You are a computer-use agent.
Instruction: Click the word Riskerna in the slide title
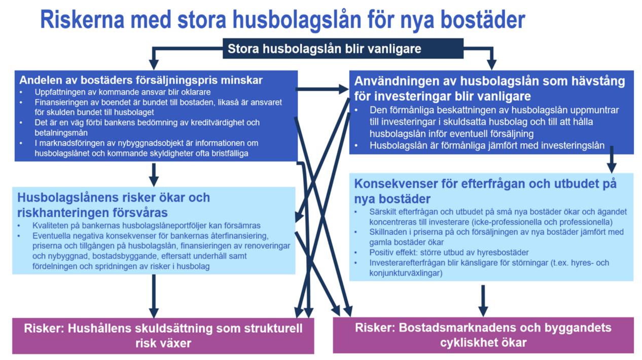click(83, 20)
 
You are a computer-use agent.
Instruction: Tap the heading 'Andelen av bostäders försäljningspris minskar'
click(141, 80)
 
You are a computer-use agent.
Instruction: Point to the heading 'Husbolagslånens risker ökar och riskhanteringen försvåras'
click(114, 204)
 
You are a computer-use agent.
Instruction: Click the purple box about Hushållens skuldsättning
click(163, 335)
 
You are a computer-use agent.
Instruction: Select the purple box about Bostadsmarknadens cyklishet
click(483, 335)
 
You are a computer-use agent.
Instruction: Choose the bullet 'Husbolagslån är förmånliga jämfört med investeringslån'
click(487, 146)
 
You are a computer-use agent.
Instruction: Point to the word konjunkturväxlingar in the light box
click(405, 273)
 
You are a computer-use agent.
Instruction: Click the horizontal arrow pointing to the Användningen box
click(322, 89)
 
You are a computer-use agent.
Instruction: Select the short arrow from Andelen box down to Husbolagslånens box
click(154, 174)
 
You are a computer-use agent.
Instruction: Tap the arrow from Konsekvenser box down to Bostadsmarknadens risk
click(483, 300)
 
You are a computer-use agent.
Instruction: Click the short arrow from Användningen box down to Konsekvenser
click(612, 159)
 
